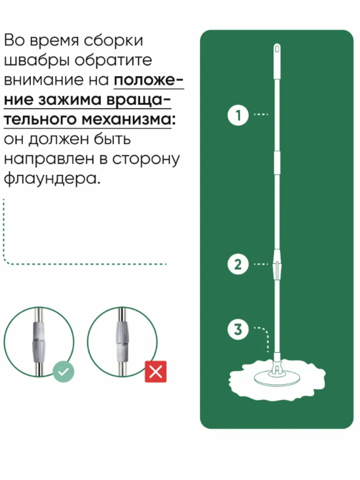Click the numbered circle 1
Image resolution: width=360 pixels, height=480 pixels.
click(238, 116)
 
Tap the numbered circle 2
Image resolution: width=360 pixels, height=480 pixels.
click(238, 264)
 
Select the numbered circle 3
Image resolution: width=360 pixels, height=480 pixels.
click(238, 329)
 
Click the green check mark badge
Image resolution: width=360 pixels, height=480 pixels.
click(63, 371)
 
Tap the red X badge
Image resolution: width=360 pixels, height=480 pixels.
click(156, 371)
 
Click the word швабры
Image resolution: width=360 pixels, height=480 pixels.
click(35, 60)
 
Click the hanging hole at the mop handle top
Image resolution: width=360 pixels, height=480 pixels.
click(277, 49)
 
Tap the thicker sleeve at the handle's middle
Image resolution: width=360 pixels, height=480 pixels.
click(277, 162)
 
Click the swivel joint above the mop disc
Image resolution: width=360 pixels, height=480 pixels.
click(276, 365)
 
